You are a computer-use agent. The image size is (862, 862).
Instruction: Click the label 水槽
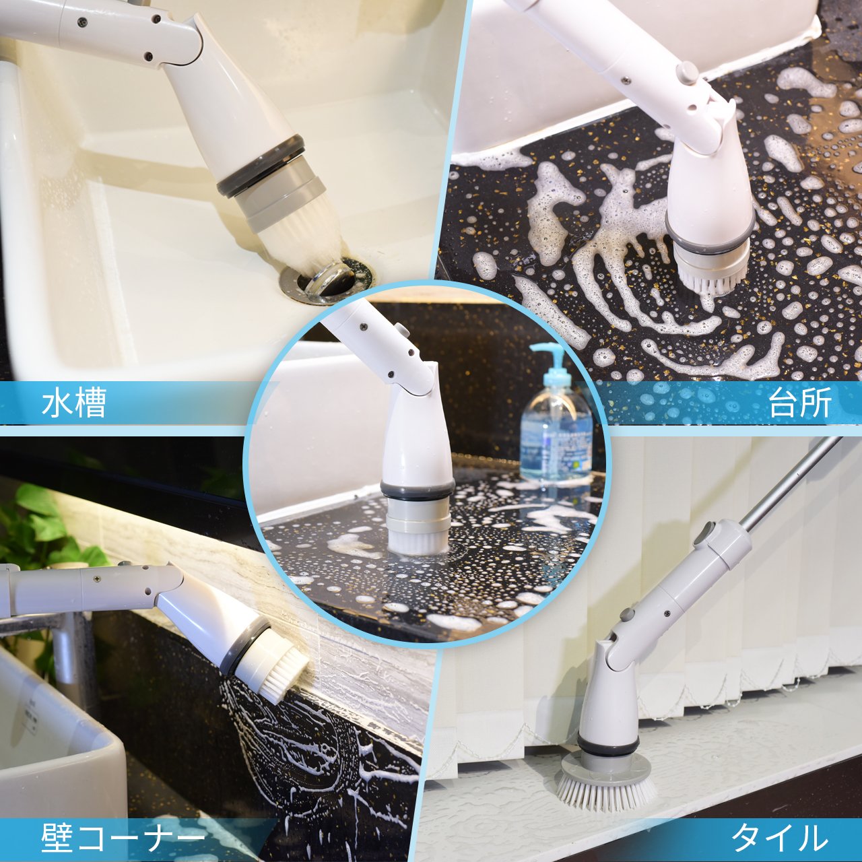click(x=74, y=403)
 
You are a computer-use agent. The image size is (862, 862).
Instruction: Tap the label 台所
click(x=800, y=402)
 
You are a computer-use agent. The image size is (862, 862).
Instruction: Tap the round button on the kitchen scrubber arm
click(x=688, y=71)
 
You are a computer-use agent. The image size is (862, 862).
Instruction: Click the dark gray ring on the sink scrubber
click(x=262, y=166)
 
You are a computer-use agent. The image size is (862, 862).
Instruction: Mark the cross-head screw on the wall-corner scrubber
click(x=96, y=578)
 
